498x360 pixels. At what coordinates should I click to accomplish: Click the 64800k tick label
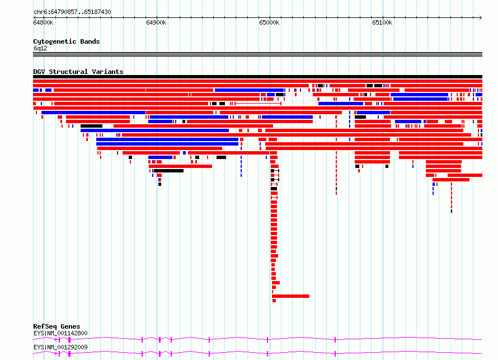(43, 23)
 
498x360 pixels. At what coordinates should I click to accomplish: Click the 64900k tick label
(156, 23)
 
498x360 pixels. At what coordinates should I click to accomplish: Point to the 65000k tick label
(269, 23)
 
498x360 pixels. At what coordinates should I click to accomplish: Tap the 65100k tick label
(382, 23)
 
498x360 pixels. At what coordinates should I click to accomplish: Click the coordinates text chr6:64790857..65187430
(72, 12)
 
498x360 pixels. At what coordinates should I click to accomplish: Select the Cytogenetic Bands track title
(67, 41)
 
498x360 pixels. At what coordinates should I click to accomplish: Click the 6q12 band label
(40, 48)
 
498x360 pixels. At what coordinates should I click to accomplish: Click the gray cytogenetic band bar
(257, 54)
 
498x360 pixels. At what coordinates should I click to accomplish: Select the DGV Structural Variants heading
(78, 72)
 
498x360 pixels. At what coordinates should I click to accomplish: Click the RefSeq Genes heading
(57, 326)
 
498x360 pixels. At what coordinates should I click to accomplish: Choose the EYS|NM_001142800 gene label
(60, 333)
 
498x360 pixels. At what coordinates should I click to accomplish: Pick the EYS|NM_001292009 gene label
(60, 347)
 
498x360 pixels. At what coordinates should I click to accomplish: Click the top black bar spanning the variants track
(257, 77)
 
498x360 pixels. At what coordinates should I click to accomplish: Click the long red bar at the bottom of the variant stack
(290, 296)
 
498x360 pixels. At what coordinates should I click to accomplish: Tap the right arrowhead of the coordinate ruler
(481, 18)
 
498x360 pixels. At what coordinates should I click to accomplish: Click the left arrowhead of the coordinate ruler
(34, 18)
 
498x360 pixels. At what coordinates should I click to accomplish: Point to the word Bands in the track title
(90, 41)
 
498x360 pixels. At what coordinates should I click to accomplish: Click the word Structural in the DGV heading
(68, 72)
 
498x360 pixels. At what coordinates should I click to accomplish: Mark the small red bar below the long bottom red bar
(274, 301)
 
